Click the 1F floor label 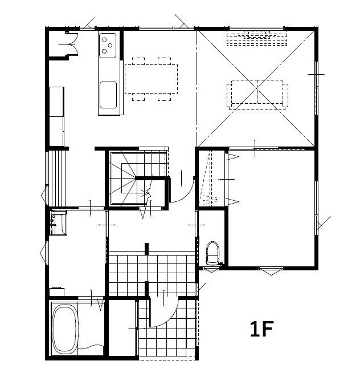point(261,329)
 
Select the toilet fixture point(212,253)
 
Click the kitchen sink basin point(108,95)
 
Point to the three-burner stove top point(108,46)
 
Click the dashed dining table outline point(151,79)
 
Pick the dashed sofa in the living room point(257,94)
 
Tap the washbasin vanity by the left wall point(58,223)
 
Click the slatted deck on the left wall point(57,179)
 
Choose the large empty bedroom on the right point(271,208)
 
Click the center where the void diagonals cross point(257,88)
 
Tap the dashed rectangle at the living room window point(257,38)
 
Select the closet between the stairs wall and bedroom point(211,179)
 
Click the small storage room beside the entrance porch point(122,328)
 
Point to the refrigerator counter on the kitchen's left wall point(56,116)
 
